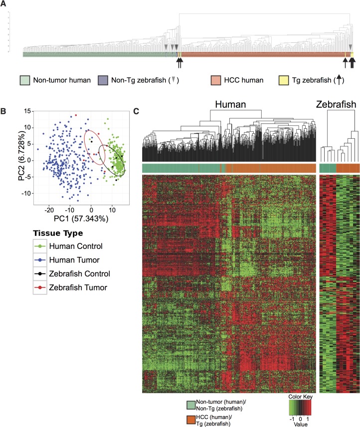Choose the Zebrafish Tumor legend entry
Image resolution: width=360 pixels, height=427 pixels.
80,287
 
